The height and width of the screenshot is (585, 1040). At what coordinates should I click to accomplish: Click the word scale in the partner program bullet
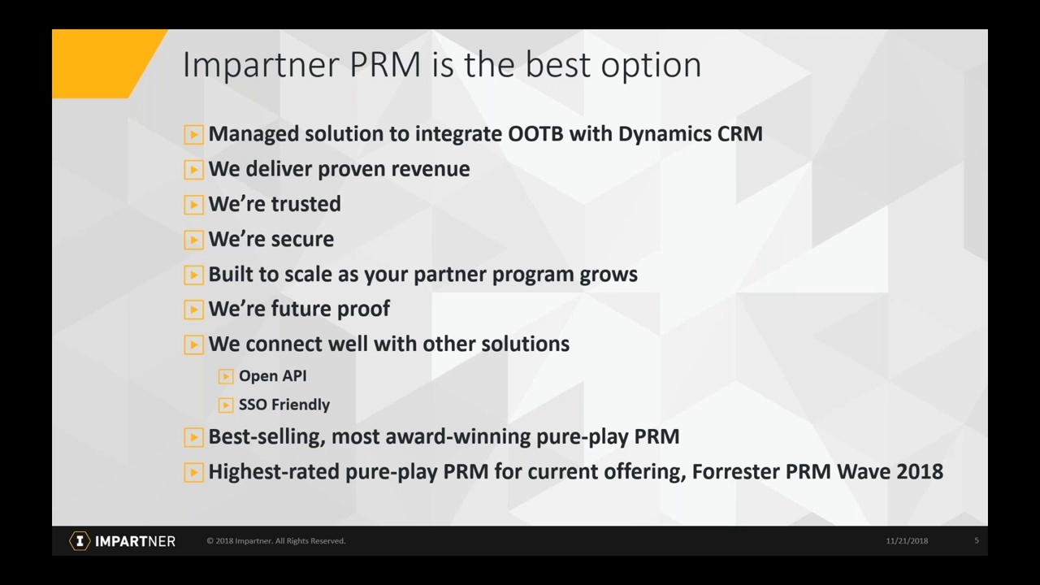click(308, 274)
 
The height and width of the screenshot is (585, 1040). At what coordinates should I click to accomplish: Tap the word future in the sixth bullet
click(301, 309)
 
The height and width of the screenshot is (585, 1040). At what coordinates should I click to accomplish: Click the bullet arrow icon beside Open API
click(226, 376)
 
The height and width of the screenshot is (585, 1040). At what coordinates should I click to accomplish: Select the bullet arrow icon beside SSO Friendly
click(226, 405)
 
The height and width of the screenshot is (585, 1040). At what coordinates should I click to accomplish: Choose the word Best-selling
click(266, 436)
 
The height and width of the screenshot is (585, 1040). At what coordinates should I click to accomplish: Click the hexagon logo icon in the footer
click(80, 541)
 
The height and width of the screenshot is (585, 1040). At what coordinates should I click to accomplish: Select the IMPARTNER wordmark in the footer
click(135, 541)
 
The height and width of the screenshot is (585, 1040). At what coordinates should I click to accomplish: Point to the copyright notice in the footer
click(275, 541)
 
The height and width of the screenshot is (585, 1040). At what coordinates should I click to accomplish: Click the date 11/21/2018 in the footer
click(907, 541)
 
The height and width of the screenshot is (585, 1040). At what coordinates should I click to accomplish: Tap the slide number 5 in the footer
click(977, 541)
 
